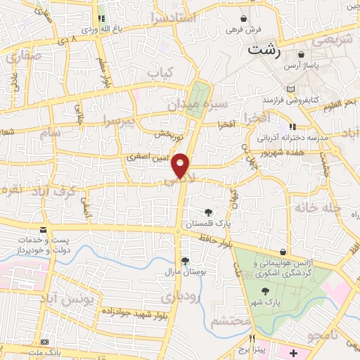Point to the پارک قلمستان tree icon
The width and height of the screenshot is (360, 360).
click(x=207, y=212)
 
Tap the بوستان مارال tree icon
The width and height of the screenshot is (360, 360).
click(x=185, y=261)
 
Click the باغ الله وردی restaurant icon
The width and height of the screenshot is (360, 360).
click(x=101, y=18)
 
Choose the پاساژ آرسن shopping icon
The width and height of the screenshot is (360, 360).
click(x=301, y=54)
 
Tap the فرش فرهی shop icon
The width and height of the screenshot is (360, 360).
click(x=243, y=18)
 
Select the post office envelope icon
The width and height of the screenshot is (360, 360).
click(x=43, y=230)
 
